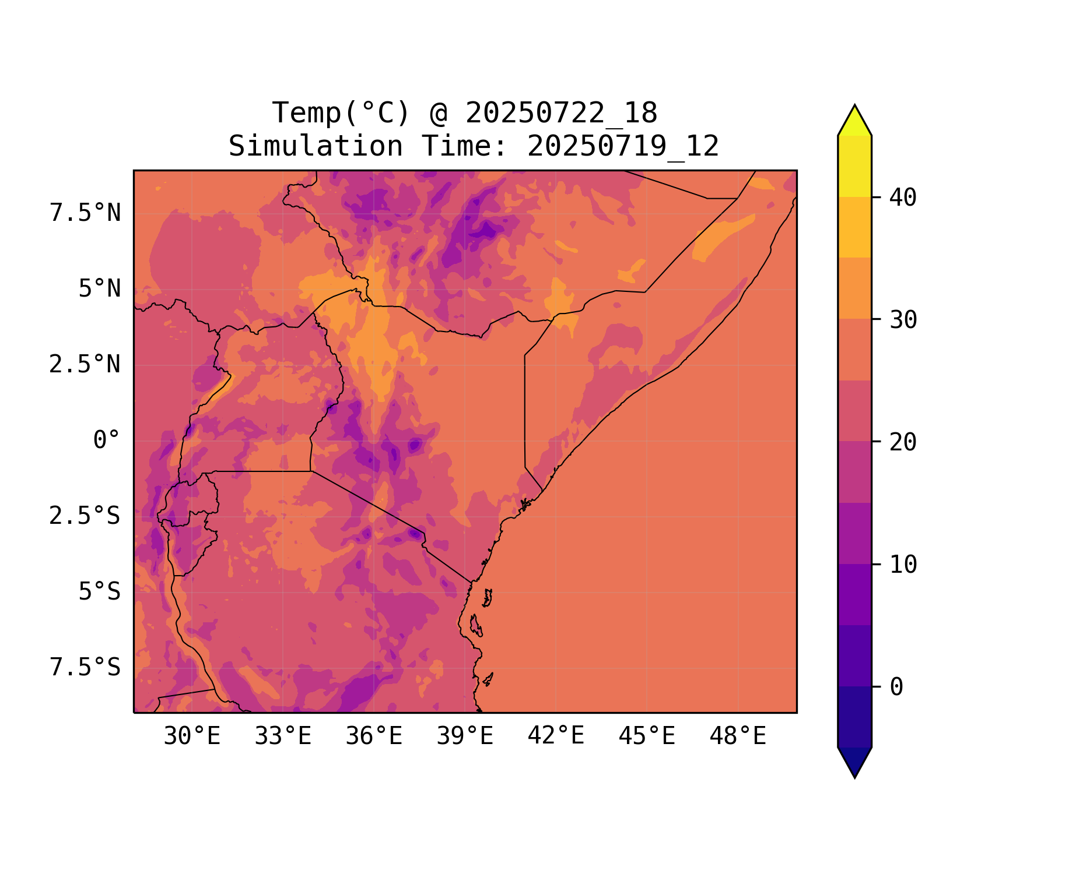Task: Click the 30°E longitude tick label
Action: tap(192, 736)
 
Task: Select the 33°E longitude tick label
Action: tap(283, 736)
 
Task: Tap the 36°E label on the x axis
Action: tap(374, 736)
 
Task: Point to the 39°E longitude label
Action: tap(465, 736)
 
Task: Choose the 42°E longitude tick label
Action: tap(556, 736)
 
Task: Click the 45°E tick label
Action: tap(647, 736)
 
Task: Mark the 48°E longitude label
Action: tap(738, 736)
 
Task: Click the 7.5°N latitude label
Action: tap(85, 213)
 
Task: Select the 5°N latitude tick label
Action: tap(100, 289)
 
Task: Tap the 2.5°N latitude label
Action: tap(85, 365)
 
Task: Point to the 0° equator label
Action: tap(107, 440)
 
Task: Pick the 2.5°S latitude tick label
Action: tap(85, 516)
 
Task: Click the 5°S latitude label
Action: tap(100, 592)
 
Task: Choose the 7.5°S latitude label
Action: tap(85, 668)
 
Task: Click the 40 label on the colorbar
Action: tap(903, 198)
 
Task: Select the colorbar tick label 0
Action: tap(896, 688)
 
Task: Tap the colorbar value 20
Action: tap(903, 442)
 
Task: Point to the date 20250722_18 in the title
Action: tap(561, 113)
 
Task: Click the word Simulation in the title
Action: tap(316, 146)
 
